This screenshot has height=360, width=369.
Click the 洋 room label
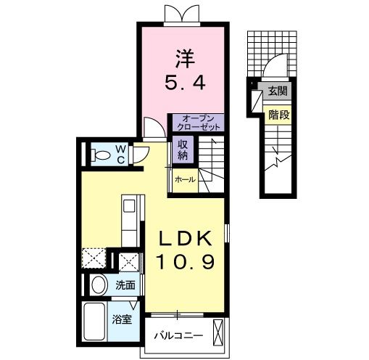click(184, 56)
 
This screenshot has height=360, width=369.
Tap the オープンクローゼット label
click(197, 122)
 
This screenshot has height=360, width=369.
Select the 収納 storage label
click(181, 149)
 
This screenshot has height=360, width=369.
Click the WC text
click(120, 153)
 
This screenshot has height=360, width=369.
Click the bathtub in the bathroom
click(96, 321)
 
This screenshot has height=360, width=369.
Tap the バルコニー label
click(177, 337)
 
